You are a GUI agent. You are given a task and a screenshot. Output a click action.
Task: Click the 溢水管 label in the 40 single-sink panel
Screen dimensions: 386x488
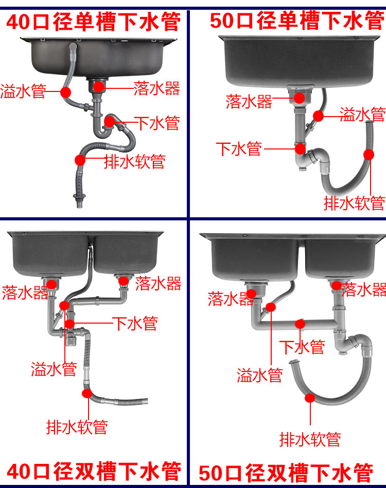click(x=23, y=92)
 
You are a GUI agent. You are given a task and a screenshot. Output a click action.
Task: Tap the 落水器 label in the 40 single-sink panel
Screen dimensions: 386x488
click(x=156, y=88)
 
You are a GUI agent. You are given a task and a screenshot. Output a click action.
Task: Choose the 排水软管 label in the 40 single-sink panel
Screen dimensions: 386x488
click(x=135, y=161)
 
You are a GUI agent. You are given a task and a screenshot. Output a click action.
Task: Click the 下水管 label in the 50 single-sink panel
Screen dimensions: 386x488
click(x=239, y=149)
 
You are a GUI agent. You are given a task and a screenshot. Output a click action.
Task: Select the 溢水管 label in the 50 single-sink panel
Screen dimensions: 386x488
click(x=362, y=114)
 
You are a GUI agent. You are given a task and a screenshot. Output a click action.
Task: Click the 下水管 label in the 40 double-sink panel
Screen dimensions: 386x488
click(x=135, y=323)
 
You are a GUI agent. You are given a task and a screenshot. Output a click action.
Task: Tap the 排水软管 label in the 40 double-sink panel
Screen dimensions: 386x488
click(x=77, y=426)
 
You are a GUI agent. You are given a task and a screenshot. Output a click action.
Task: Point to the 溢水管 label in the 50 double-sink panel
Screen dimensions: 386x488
click(x=260, y=375)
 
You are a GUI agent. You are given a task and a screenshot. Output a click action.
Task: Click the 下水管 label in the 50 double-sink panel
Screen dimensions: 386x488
click(x=302, y=347)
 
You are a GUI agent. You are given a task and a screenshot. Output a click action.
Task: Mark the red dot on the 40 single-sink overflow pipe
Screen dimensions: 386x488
click(x=65, y=92)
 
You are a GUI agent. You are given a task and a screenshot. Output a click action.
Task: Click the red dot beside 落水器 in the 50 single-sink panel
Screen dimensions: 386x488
click(x=299, y=98)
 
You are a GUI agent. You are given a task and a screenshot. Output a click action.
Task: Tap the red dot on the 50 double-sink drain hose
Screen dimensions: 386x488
click(x=309, y=397)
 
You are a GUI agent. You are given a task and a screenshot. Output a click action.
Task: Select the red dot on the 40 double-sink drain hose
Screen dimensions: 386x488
click(x=87, y=393)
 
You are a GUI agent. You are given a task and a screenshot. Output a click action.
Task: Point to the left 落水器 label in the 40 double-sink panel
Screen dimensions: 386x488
click(x=25, y=293)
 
